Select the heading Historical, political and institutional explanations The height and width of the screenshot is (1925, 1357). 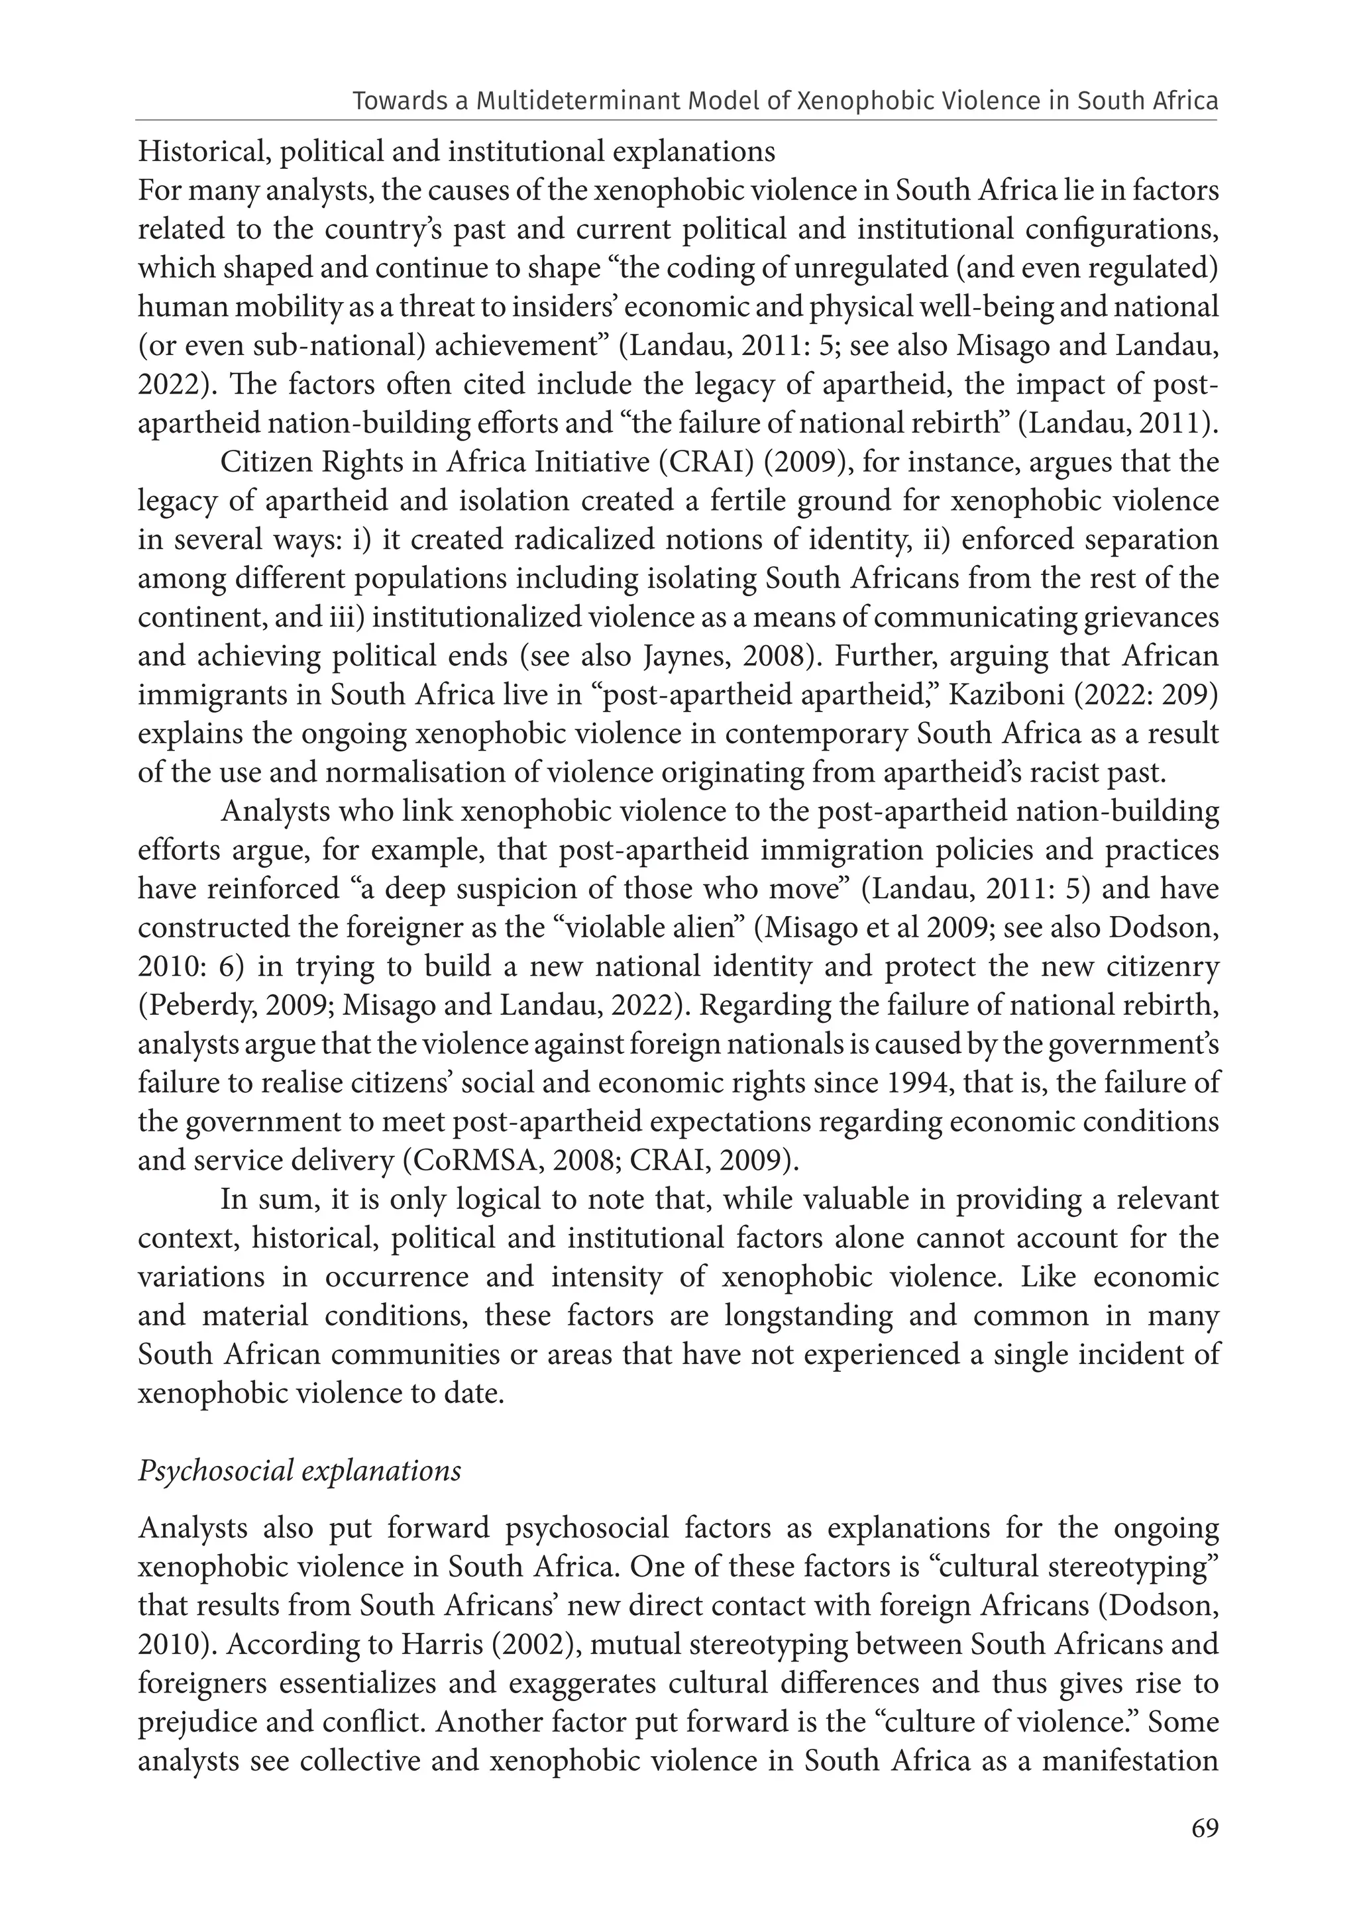[x=457, y=152]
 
